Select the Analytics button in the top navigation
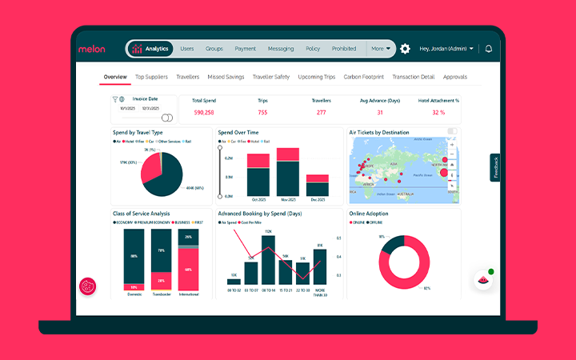point(150,49)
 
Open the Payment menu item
point(246,49)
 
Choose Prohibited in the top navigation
point(344,49)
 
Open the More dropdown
point(381,49)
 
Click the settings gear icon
point(405,49)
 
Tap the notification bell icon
point(488,49)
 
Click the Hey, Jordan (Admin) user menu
point(446,49)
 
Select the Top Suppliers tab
point(151,77)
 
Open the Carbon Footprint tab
point(364,77)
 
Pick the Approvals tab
point(454,77)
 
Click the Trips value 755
point(262,113)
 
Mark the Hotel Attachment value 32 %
point(438,113)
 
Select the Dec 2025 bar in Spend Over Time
point(318,185)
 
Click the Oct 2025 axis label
point(258,199)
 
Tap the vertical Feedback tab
point(496,168)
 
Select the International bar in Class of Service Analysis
point(189,259)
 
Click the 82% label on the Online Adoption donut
point(427,288)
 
